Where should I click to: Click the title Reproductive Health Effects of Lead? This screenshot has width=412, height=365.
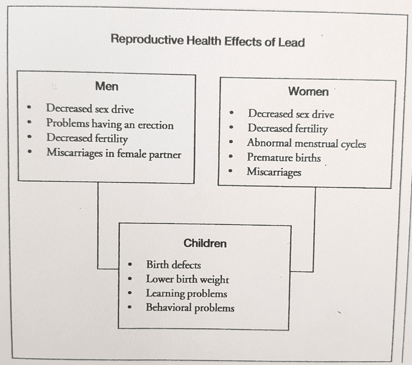coord(208,41)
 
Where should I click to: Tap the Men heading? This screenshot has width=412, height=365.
coord(106,87)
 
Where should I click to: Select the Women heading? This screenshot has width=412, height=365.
coord(308,91)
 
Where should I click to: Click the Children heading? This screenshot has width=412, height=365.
coord(205,243)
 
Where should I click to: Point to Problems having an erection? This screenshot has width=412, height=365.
coord(110,124)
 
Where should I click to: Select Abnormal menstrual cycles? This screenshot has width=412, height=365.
coord(306,143)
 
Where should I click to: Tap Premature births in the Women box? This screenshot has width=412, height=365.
coord(283,157)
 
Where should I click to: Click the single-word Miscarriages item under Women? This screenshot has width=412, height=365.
coord(274,172)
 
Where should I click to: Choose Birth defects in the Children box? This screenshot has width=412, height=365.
coord(173,265)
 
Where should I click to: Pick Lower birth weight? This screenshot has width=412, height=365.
coord(187,279)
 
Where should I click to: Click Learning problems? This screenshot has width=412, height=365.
coord(186,293)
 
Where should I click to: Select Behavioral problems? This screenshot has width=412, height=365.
coord(190,308)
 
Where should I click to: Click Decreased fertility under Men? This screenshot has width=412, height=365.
coord(87,138)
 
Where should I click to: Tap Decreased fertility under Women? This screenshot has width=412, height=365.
coord(287,128)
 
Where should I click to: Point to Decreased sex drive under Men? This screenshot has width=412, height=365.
coord(90,109)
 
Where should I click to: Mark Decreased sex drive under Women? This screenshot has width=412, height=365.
coord(291,114)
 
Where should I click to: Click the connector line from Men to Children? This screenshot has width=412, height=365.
coord(98,226)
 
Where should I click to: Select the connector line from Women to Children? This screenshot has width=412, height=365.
coord(314,231)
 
